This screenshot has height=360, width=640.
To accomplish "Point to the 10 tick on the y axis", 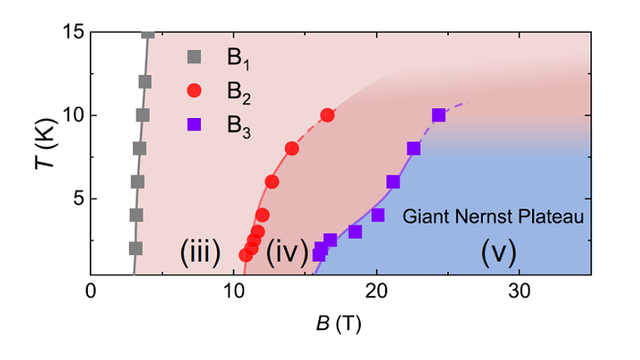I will pos(68,116).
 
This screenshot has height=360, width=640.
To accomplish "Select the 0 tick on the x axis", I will pos(91,293).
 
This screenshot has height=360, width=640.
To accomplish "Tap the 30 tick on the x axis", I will pos(519,293).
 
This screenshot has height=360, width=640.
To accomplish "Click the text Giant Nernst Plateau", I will pos(490,217).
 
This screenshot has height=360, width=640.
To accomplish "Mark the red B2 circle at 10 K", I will pos(327,116).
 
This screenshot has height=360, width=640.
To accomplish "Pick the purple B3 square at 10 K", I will pos(439,116).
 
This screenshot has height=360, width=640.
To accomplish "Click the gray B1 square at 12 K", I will pos(145,82).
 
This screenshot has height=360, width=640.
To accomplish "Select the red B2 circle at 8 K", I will pos(292,149).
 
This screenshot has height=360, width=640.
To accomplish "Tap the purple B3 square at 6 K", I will pos(393,182).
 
